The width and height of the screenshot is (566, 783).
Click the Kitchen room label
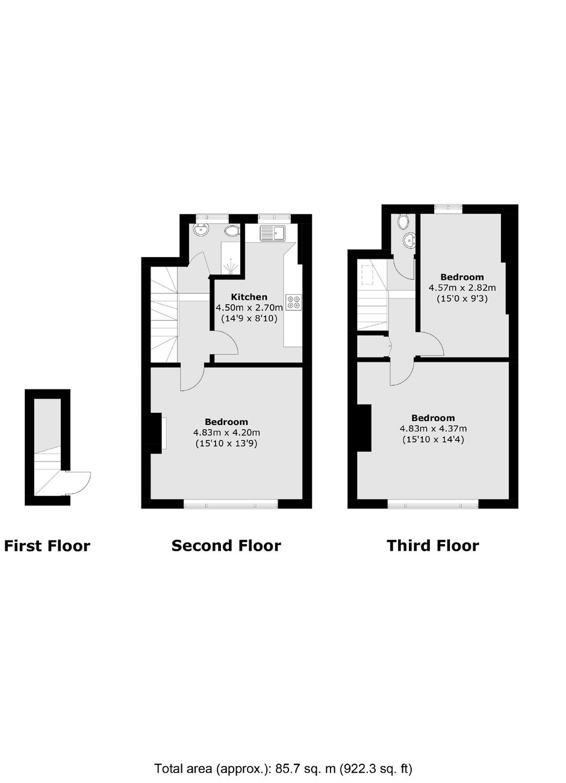[x=249, y=297]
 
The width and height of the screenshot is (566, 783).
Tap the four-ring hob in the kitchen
[x=294, y=302]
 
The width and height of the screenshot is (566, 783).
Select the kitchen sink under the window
[x=273, y=233]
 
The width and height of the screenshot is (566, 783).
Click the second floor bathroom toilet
[x=232, y=231]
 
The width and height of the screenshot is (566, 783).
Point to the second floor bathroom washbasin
[x=201, y=230]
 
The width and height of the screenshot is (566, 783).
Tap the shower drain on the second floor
[x=231, y=267]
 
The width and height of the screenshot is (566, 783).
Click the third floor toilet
[x=403, y=221]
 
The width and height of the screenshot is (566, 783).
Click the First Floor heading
[x=47, y=546]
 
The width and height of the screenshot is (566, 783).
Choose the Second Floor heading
[x=226, y=546]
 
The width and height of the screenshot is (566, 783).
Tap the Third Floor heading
[x=433, y=546]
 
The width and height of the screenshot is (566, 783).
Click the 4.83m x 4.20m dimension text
[x=226, y=433]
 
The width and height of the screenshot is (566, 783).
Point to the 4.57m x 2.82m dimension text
[x=462, y=288]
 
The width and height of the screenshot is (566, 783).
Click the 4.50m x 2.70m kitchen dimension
[x=249, y=308]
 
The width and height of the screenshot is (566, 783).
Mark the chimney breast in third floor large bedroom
[x=364, y=428]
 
